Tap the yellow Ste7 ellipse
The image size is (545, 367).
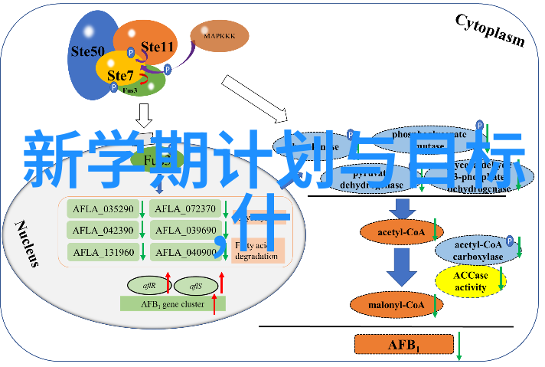[119, 74]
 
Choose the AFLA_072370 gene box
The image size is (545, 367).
[183, 208]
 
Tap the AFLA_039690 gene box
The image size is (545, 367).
[183, 230]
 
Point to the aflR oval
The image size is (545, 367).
[149, 286]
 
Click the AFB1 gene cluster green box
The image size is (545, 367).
[173, 303]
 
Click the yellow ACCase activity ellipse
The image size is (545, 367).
[470, 281]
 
